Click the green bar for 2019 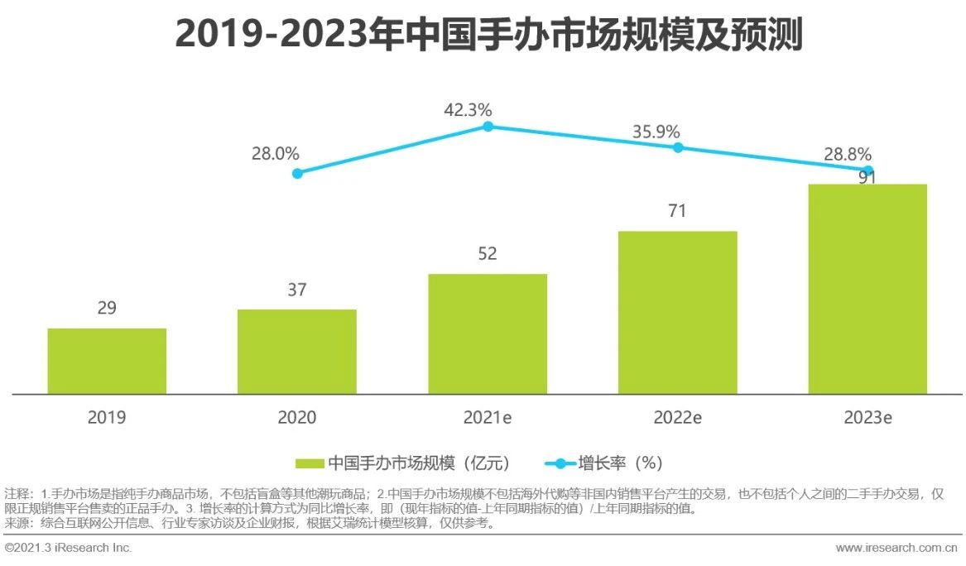[107, 361]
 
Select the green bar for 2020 [297, 352]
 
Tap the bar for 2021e [488, 333]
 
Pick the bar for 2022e [677, 312]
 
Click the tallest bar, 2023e [867, 289]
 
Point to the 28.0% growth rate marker [297, 173]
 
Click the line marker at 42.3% [488, 127]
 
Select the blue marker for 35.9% [677, 147]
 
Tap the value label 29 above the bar [107, 309]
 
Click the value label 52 [488, 254]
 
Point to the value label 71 [677, 211]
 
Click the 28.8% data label [846, 154]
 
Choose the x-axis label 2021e [488, 418]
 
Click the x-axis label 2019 [107, 418]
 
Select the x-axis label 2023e [867, 418]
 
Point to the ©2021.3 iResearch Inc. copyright [68, 548]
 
